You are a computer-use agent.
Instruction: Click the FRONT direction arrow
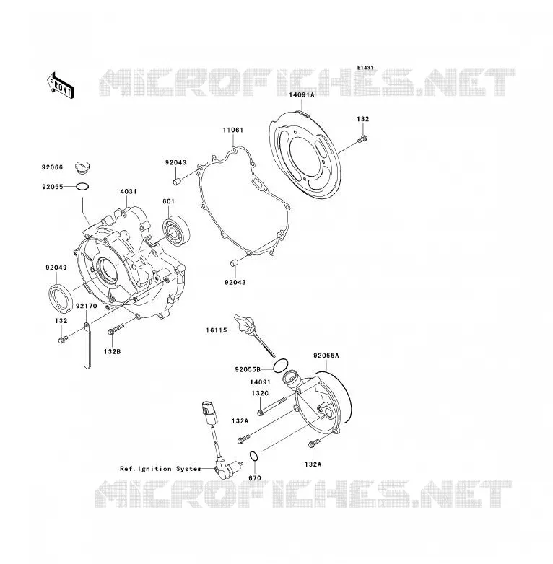(61, 85)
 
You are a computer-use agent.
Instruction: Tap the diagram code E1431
(365, 68)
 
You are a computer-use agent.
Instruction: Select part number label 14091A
(301, 95)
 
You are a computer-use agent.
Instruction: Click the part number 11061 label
(232, 130)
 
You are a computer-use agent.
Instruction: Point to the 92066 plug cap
(82, 168)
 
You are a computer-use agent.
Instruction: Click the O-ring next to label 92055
(82, 187)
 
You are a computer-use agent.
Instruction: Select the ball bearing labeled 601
(176, 231)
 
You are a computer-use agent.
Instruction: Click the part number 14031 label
(126, 192)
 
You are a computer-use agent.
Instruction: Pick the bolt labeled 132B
(116, 329)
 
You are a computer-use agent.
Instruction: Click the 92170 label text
(87, 306)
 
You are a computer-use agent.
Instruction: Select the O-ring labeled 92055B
(280, 366)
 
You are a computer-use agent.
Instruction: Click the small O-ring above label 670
(254, 457)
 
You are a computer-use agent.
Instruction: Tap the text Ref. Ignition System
(161, 469)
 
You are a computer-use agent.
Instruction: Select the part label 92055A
(326, 356)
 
